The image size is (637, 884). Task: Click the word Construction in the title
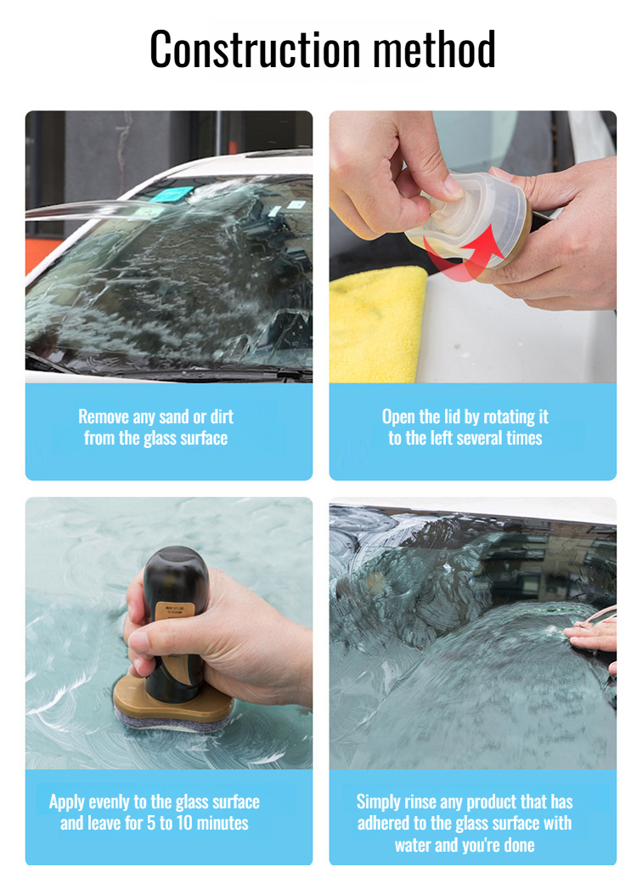(x=255, y=49)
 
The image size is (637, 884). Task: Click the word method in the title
(x=434, y=49)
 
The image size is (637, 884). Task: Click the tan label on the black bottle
(x=175, y=611)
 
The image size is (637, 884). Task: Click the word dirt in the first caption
(x=222, y=416)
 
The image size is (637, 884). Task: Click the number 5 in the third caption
(x=151, y=823)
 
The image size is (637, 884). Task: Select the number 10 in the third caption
(x=184, y=823)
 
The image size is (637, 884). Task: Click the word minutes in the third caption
(x=223, y=823)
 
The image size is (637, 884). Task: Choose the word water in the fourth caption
(x=413, y=845)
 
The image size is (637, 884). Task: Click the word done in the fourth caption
(x=519, y=845)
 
